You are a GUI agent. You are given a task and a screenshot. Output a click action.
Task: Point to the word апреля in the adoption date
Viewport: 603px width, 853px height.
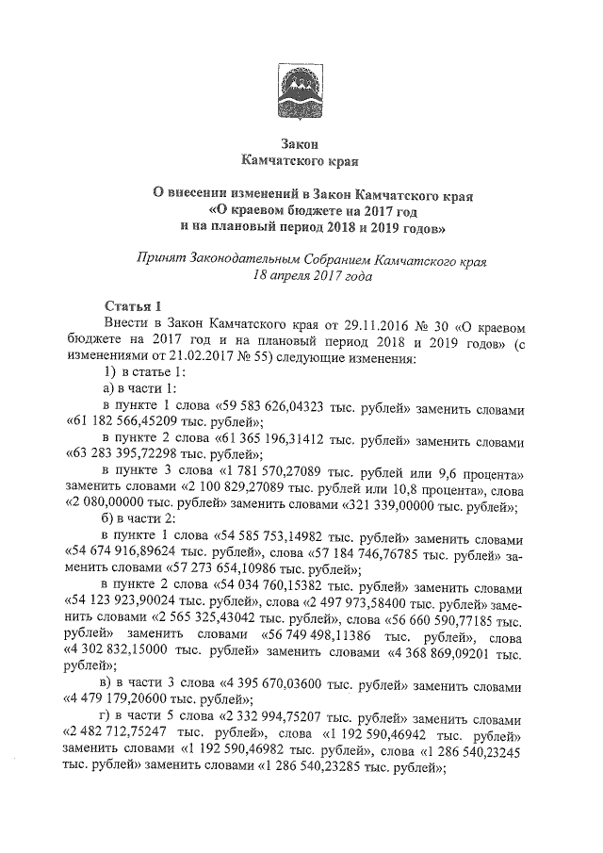[293, 276]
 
